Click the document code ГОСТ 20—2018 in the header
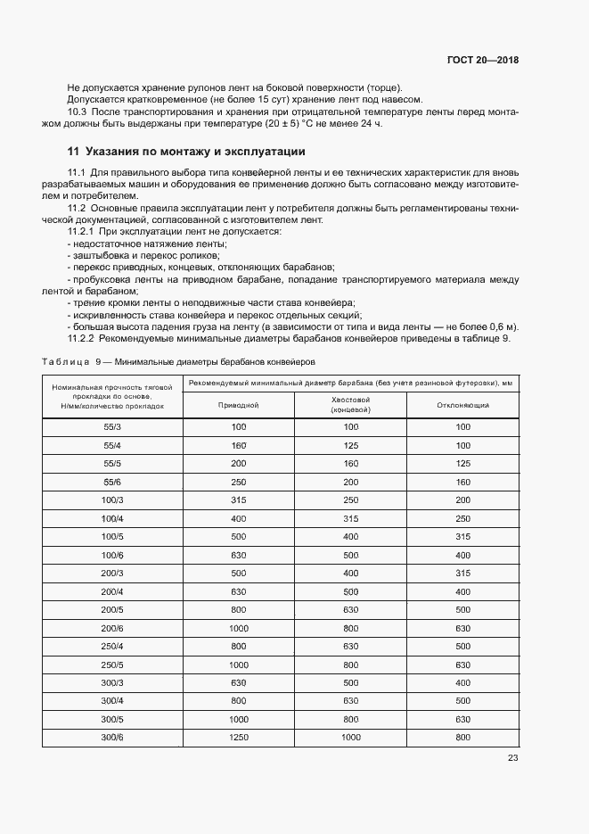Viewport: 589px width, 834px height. click(x=482, y=61)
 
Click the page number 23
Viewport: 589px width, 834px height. click(x=512, y=758)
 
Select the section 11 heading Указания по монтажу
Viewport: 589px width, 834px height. click(x=186, y=151)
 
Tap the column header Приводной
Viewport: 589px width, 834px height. click(x=238, y=405)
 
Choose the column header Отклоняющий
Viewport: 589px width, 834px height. click(x=462, y=405)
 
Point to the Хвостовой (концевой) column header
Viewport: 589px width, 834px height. click(x=350, y=405)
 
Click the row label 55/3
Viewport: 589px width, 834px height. click(x=112, y=426)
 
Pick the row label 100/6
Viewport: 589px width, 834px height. click(x=112, y=555)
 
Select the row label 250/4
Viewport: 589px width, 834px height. click(x=112, y=646)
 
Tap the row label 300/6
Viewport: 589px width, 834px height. click(x=112, y=737)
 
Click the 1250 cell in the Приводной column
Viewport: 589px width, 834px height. click(x=238, y=737)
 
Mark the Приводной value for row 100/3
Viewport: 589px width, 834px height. click(x=238, y=500)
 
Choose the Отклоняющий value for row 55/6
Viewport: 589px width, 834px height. click(x=462, y=482)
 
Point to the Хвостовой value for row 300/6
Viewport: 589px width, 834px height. click(x=350, y=737)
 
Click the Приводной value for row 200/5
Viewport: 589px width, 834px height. click(x=238, y=609)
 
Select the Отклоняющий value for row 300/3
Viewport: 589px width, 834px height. click(x=462, y=682)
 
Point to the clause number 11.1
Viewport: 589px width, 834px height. click(x=76, y=171)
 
